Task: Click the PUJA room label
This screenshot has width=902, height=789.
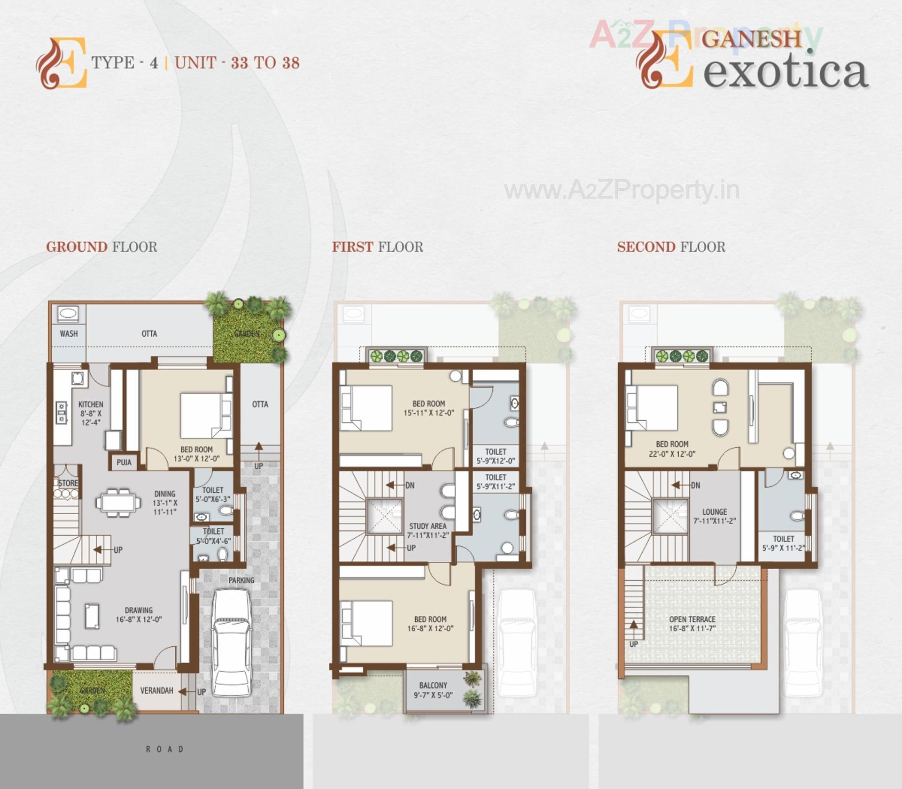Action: [124, 462]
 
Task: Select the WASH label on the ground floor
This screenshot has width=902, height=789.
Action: [69, 333]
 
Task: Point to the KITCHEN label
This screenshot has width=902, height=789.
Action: [91, 404]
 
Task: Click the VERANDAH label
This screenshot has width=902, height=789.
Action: [156, 690]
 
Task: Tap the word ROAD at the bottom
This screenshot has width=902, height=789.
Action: [164, 749]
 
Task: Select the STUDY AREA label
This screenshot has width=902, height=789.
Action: [428, 526]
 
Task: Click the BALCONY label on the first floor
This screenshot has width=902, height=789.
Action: [433, 685]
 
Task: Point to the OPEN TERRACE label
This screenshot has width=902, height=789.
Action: [692, 619]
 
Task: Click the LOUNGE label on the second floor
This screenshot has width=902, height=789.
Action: [714, 512]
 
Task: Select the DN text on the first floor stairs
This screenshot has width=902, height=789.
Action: [410, 486]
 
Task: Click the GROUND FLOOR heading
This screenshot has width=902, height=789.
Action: [101, 247]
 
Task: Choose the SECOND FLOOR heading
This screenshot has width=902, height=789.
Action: [671, 247]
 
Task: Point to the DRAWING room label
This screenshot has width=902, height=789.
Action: [139, 610]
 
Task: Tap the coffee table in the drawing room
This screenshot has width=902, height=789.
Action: [92, 616]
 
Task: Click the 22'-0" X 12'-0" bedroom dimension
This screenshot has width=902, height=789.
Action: [672, 454]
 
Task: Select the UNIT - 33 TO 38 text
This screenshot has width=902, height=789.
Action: [237, 63]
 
